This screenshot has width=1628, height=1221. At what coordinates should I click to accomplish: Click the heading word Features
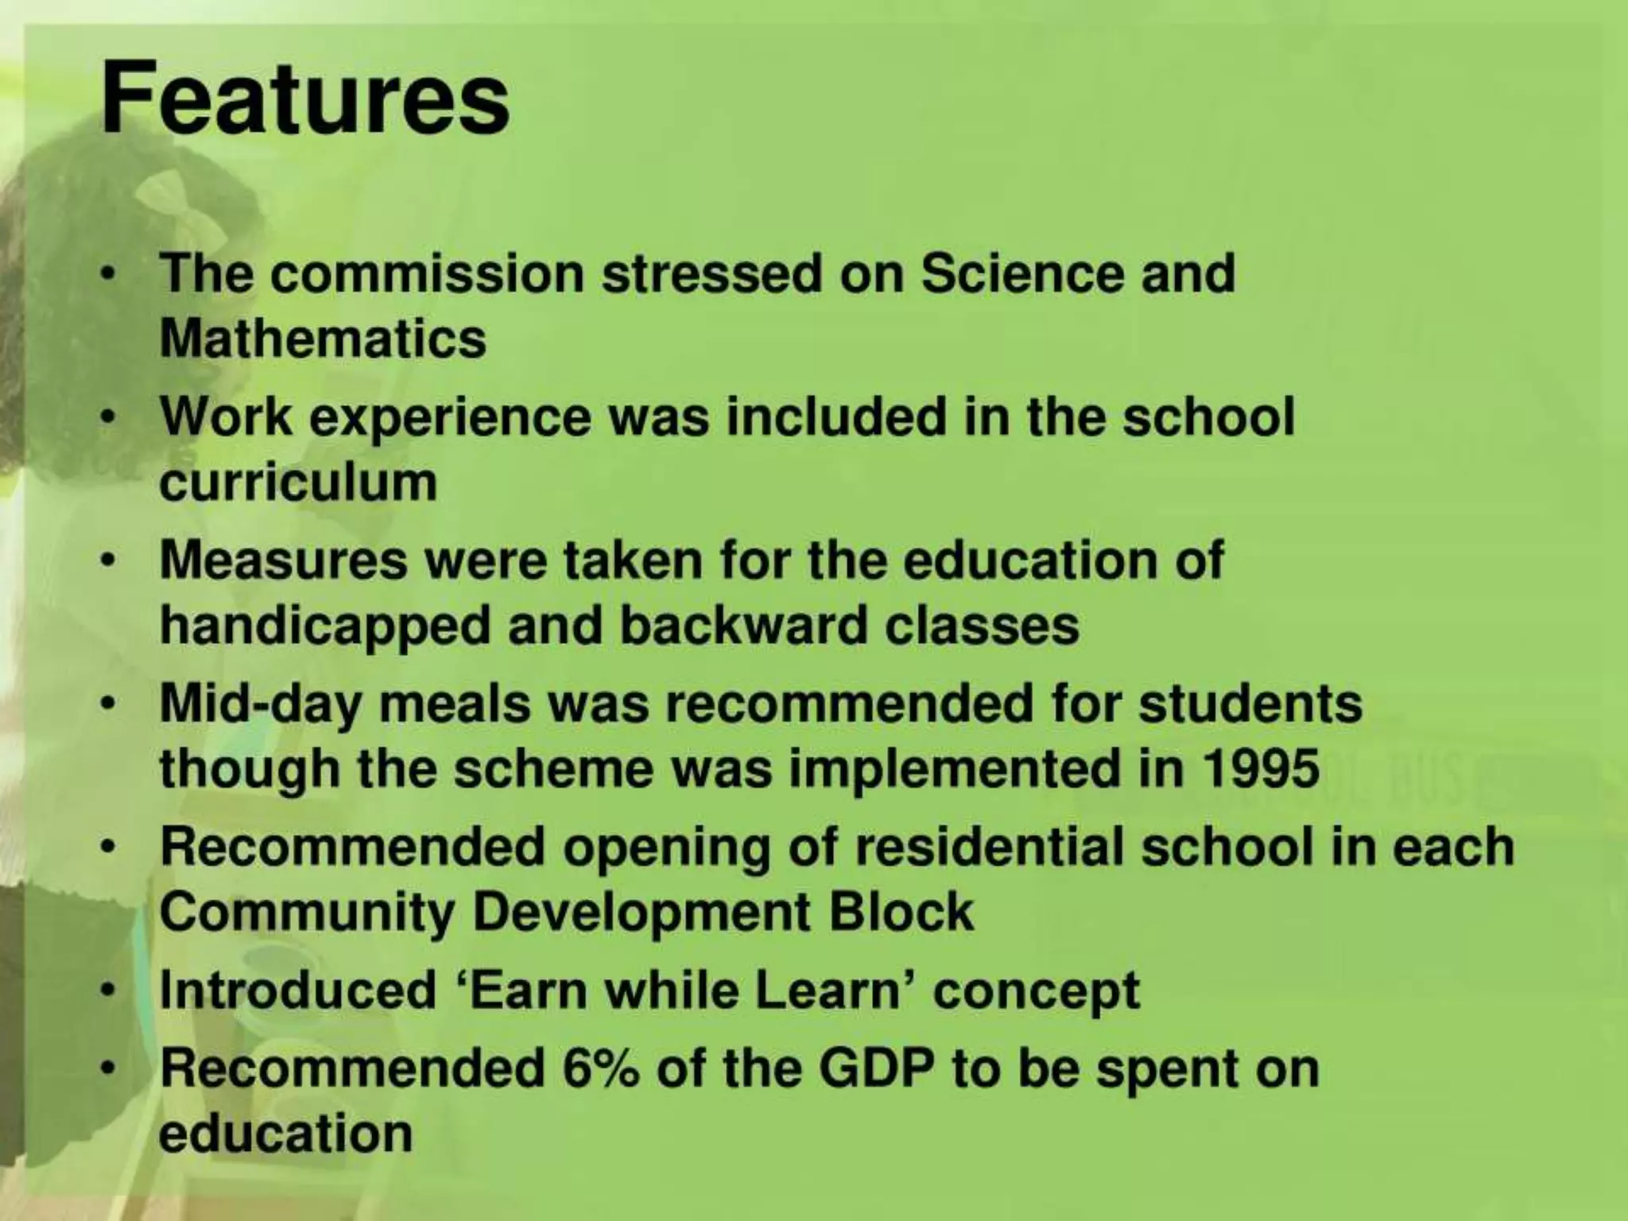point(305,100)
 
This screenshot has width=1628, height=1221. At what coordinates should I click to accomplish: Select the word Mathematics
point(323,339)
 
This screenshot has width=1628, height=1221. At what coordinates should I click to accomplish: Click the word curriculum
point(298,483)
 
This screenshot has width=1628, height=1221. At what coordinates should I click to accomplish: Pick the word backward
point(742,626)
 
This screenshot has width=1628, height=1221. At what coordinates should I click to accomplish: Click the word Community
point(307,913)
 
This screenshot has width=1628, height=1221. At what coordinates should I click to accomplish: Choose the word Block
point(901,912)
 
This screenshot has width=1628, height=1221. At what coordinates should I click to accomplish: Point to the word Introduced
point(298,990)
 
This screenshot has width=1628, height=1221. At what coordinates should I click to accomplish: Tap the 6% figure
point(600,1068)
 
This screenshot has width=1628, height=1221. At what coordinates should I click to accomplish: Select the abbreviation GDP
point(876,1069)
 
